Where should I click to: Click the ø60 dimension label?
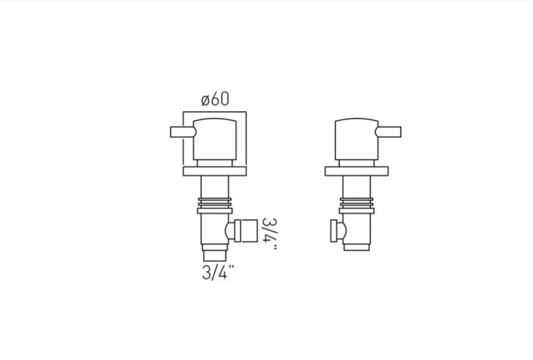[215, 100]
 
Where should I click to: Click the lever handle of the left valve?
[182, 132]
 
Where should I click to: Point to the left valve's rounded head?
[214, 139]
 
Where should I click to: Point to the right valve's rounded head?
[356, 139]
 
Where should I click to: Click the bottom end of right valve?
[356, 247]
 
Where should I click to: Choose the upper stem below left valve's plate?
[215, 187]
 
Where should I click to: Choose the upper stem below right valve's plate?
[356, 187]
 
